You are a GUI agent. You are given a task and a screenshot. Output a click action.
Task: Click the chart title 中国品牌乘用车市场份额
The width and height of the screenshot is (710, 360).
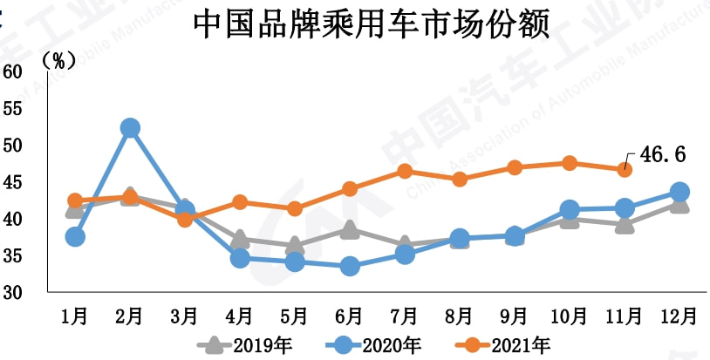[371, 24]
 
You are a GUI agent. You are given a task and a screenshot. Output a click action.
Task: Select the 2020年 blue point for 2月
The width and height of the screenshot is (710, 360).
[130, 128]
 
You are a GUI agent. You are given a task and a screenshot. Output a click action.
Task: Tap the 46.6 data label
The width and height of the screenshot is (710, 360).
[663, 155]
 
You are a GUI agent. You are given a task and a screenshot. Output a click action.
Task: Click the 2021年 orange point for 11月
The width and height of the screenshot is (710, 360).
[625, 169]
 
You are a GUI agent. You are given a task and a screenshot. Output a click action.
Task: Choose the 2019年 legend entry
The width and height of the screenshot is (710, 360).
[254, 344]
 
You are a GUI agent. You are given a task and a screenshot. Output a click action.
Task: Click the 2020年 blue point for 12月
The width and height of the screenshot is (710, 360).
[679, 192]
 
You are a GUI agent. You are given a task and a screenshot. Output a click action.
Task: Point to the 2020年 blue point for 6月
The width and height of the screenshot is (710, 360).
[350, 266]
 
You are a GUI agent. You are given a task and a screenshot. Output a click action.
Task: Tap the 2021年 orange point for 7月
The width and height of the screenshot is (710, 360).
[405, 171]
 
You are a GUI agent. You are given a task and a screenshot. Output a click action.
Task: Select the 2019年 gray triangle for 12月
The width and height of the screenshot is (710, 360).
[679, 204]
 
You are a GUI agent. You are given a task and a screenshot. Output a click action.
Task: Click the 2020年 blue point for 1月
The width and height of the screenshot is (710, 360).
[75, 236]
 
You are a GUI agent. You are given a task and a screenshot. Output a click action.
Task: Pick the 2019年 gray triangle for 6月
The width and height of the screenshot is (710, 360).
[350, 229]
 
